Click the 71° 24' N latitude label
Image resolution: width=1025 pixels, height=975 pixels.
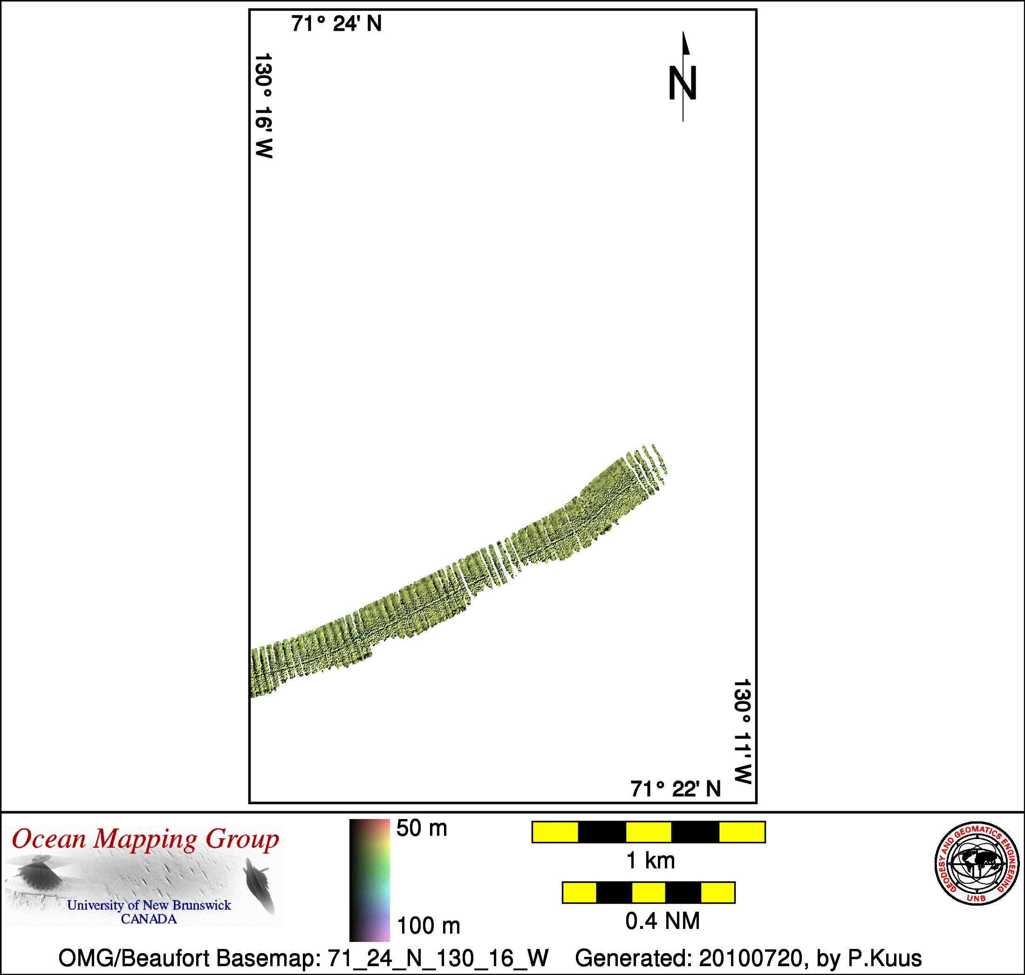336,24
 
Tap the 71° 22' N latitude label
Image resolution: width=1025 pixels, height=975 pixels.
676,789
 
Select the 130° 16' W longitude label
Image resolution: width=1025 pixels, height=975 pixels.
264,106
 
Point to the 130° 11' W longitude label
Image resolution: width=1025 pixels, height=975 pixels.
742,731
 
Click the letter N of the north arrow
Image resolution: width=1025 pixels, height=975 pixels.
682,83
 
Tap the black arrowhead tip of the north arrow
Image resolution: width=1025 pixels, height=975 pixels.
683,32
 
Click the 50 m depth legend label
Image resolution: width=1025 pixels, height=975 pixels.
422,828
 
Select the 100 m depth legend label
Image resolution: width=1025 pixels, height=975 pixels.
429,926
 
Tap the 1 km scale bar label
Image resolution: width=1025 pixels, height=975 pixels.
650,860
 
